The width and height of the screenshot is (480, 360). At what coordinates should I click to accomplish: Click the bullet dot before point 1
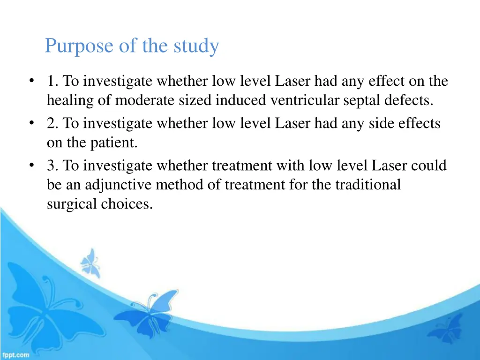(31, 82)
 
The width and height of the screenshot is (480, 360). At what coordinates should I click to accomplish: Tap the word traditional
(367, 185)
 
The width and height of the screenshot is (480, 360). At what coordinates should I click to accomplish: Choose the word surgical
(71, 204)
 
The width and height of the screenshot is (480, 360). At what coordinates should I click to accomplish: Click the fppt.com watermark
(15, 355)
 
